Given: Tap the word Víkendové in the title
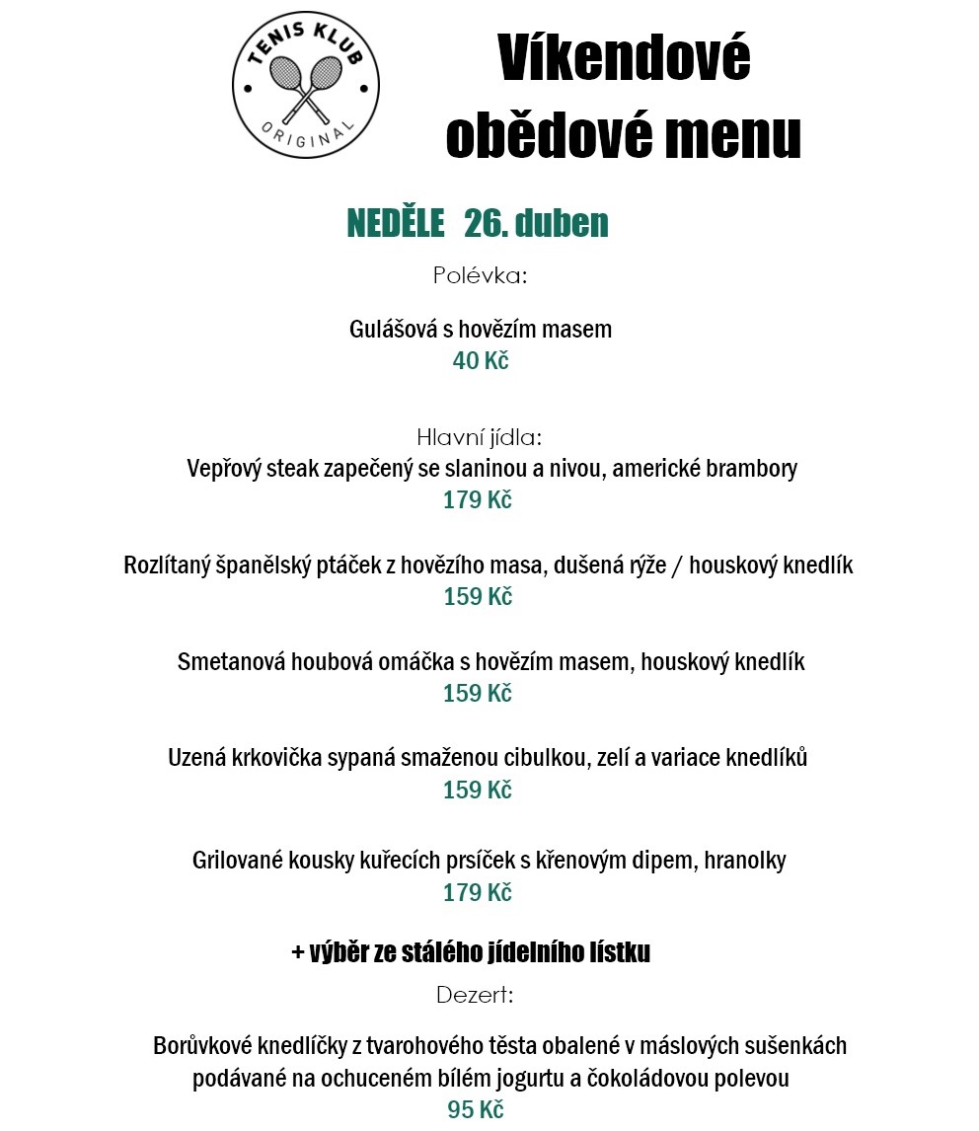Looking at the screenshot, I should [x=624, y=59].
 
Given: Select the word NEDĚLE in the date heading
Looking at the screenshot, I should [x=396, y=224].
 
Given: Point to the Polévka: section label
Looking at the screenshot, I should [x=481, y=275].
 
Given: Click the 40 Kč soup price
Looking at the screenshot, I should [x=481, y=361].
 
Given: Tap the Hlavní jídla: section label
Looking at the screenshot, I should [x=480, y=437].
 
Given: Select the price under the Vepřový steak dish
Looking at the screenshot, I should [x=478, y=500].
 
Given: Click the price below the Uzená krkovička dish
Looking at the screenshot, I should [x=478, y=791].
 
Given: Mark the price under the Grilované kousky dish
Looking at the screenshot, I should [x=478, y=893].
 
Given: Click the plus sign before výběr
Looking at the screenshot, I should [x=298, y=953].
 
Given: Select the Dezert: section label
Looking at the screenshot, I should [x=475, y=995].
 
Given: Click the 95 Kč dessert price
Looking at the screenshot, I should [x=476, y=1110].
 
